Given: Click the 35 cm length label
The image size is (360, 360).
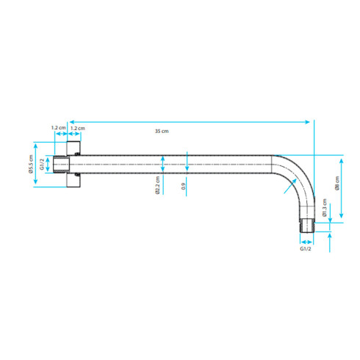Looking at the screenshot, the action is pos(162,131).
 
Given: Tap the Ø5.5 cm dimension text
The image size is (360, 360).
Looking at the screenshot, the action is pos(31,164).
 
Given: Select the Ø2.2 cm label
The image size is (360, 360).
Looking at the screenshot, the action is pos(157,185).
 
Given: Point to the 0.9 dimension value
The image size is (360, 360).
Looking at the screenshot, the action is pos(184,187).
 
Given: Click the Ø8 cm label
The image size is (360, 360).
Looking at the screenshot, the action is pos(337,183).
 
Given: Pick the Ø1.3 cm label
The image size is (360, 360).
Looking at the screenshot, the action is pos(325,207).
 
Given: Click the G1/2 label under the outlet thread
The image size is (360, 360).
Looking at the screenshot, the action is pos(306,248).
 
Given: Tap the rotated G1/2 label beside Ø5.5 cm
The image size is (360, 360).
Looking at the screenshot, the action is pos(42,165).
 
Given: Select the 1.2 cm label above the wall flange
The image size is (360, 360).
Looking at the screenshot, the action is pos(78,128).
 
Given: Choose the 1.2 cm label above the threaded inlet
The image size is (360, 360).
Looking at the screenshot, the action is pos(58,128).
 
